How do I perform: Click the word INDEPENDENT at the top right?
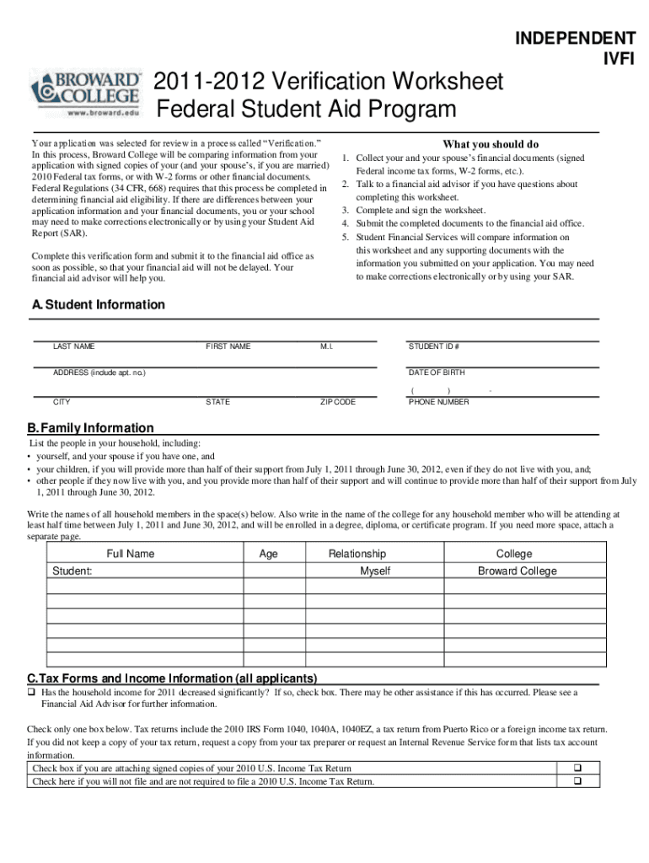click(x=575, y=38)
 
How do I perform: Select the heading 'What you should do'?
click(x=491, y=144)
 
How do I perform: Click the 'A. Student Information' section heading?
click(x=98, y=305)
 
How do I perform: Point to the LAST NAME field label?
click(x=74, y=346)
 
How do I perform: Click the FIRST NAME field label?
click(x=228, y=346)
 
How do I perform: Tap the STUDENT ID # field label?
click(x=433, y=346)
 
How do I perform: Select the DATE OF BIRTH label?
click(x=436, y=373)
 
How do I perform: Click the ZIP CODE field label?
click(x=337, y=402)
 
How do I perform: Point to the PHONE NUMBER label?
click(x=438, y=402)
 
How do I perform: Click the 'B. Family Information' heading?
click(x=91, y=428)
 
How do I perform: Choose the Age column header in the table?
click(x=268, y=554)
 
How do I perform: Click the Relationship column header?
click(x=357, y=554)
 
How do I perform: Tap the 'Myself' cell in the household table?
click(x=375, y=571)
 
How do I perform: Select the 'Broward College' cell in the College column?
click(x=517, y=571)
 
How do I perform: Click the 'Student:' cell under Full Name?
click(x=72, y=571)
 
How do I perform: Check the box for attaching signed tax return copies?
click(x=578, y=769)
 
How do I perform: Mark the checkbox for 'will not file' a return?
click(x=578, y=781)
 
